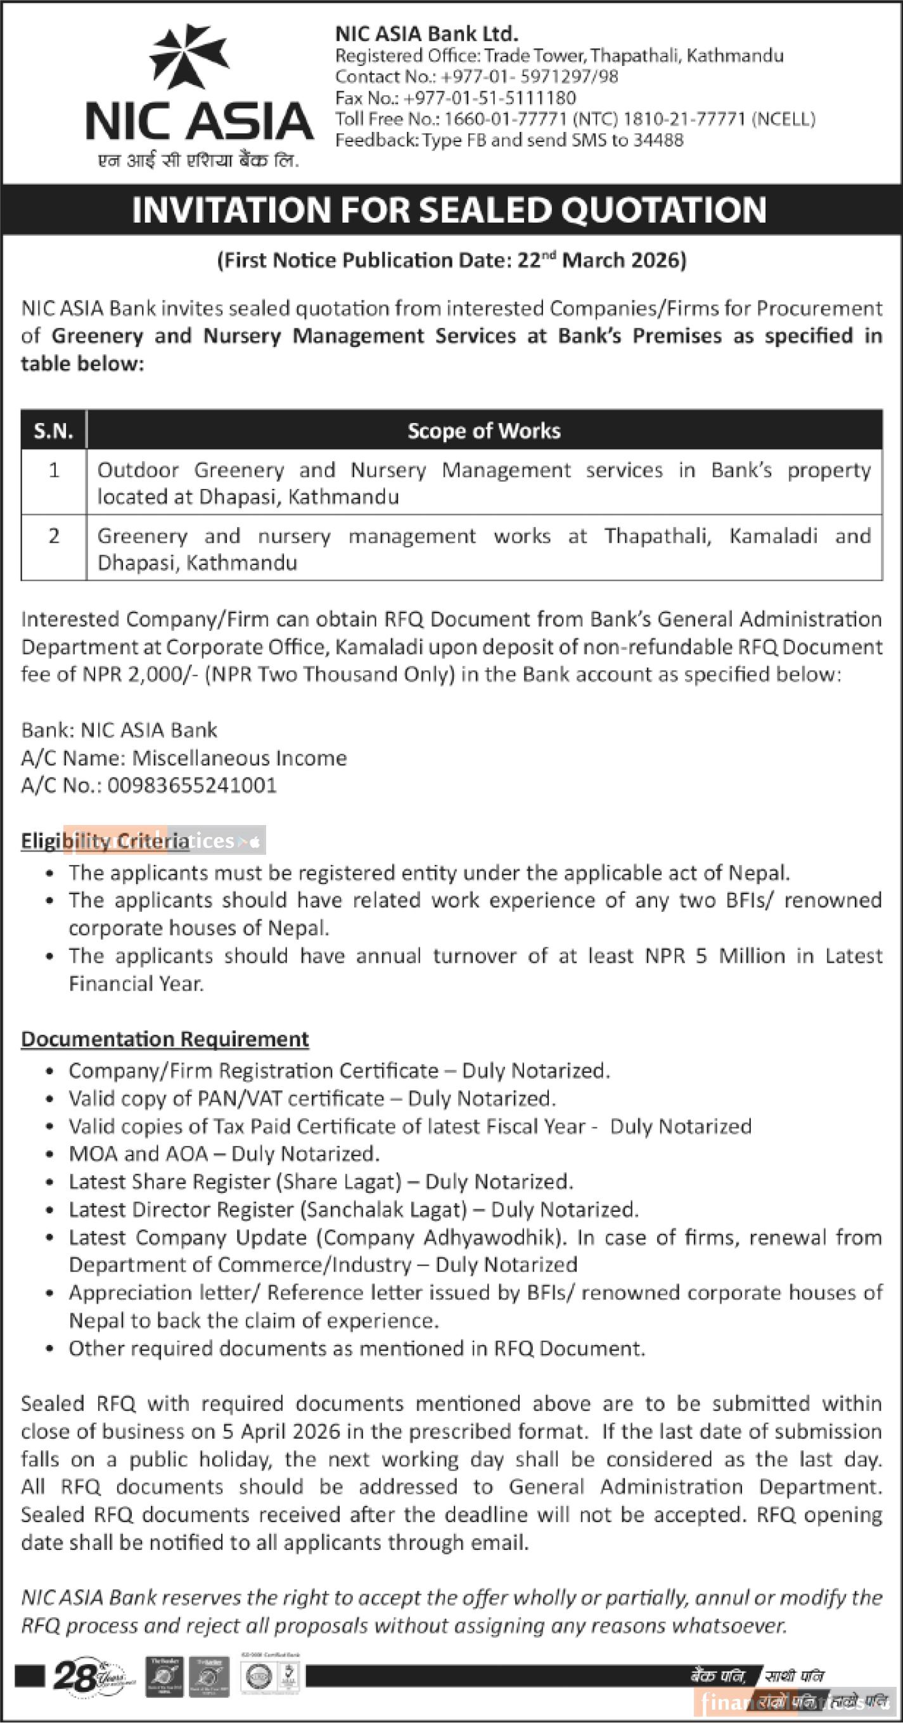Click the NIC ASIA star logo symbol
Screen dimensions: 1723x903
[x=189, y=56]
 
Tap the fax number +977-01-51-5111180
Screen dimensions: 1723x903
[x=489, y=98]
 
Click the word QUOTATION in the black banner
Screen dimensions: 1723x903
[x=663, y=210]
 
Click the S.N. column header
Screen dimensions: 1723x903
[x=53, y=431]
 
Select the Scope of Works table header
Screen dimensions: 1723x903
[x=484, y=431]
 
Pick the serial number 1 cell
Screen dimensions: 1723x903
[x=53, y=470]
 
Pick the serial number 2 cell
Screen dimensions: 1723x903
[x=53, y=536]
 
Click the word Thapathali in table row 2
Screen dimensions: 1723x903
[x=658, y=536]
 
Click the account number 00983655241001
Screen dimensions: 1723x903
[x=192, y=785]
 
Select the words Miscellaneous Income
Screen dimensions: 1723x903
[x=240, y=758]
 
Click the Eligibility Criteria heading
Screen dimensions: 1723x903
[x=105, y=841]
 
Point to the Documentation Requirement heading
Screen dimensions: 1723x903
[x=164, y=1039]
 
